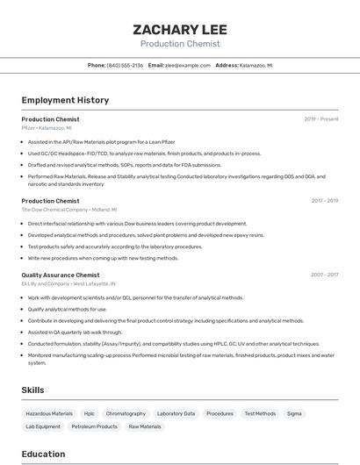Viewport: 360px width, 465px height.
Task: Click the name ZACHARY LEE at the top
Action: click(179, 29)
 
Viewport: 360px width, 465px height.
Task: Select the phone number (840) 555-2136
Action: click(125, 66)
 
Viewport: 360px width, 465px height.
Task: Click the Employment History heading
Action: click(65, 100)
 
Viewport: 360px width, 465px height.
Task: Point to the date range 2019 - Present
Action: click(320, 119)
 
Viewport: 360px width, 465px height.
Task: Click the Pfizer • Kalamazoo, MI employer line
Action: click(47, 128)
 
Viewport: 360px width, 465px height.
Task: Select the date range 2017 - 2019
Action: click(324, 201)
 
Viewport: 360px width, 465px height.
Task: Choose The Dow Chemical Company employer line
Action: click(68, 210)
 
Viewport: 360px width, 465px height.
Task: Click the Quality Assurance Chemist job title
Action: click(61, 275)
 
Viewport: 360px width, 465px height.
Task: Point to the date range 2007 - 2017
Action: click(324, 275)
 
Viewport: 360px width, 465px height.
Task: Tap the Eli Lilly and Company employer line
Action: click(68, 283)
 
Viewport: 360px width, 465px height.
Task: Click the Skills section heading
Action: click(33, 390)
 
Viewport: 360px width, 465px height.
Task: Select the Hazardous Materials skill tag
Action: click(49, 413)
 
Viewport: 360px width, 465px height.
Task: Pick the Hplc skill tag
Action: click(90, 413)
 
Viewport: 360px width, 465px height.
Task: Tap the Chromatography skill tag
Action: click(126, 413)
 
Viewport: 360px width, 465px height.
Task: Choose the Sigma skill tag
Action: click(294, 413)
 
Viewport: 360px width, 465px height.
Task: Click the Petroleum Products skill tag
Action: click(95, 426)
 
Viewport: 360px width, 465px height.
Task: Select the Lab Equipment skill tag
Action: click(43, 426)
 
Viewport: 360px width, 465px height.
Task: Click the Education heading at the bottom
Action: click(43, 454)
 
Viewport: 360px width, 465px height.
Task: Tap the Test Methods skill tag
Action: click(260, 413)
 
